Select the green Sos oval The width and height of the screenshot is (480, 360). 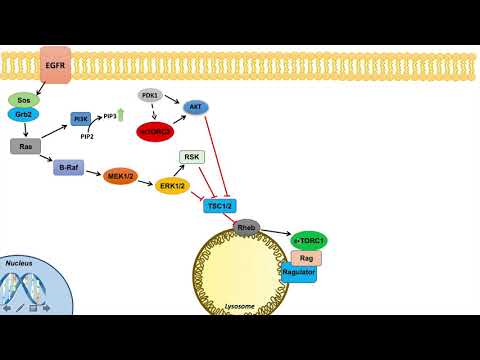click(22, 101)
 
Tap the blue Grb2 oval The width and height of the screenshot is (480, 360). click(22, 116)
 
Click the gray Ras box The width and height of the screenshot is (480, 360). click(24, 146)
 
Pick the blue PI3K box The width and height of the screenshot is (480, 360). click(82, 119)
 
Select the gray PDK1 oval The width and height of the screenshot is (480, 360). click(150, 96)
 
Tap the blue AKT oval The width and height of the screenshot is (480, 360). click(197, 104)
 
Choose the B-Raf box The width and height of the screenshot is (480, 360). click(67, 167)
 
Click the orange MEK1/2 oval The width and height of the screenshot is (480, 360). click(120, 177)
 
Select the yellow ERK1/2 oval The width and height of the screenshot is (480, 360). click(173, 186)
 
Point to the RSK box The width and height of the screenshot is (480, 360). click(191, 157)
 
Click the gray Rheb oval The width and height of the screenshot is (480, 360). click(247, 228)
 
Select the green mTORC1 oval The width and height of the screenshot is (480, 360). click(309, 241)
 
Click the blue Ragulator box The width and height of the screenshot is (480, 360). click(299, 272)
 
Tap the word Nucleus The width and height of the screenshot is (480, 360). click(19, 263)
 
